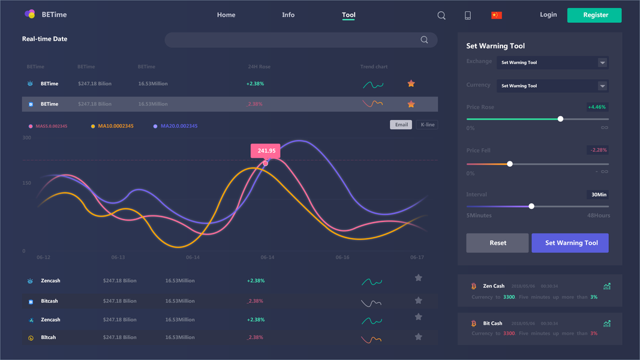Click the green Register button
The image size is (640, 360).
[594, 15]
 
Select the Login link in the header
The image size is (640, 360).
[548, 14]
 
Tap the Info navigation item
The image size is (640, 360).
[289, 15]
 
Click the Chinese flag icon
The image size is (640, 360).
[496, 15]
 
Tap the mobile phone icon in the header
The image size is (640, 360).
[468, 16]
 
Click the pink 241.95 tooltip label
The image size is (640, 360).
[266, 151]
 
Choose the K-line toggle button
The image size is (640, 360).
[428, 125]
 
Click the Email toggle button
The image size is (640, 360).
[401, 125]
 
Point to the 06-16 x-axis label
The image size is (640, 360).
[342, 257]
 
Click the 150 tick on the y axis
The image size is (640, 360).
[27, 183]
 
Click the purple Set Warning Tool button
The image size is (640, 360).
[570, 243]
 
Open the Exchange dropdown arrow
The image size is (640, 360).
[602, 62]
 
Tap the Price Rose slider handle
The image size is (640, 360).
[560, 119]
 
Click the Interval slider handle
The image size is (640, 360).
[531, 206]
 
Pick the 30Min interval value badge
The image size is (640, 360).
[597, 194]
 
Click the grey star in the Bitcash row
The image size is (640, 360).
[419, 300]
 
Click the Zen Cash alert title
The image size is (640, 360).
[494, 286]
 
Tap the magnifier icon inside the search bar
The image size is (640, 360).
[424, 40]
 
